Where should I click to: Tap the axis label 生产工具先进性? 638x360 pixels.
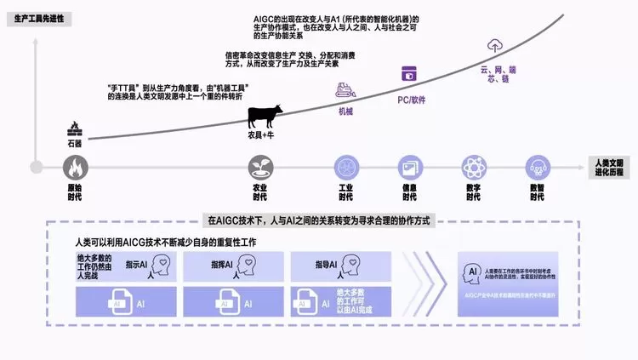click(35, 18)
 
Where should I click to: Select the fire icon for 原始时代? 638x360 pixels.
click(75, 166)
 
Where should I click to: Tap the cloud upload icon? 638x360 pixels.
click(495, 48)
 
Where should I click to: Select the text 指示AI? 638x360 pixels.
click(136, 266)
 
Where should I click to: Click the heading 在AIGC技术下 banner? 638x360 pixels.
click(315, 220)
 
